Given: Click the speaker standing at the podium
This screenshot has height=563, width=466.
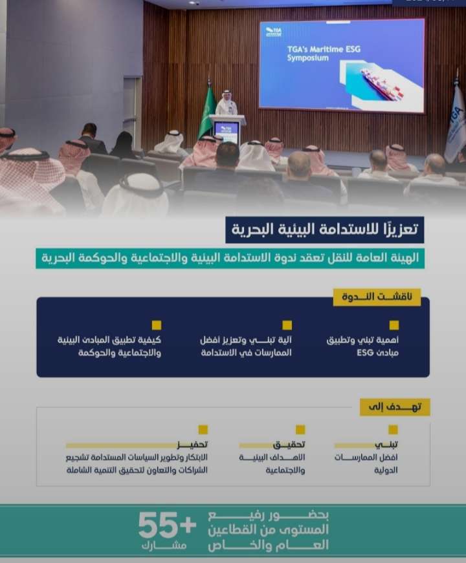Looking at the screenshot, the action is point(226,103).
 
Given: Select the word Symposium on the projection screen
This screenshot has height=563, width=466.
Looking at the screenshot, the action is point(308,58).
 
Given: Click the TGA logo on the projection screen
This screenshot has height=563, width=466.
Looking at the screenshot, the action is point(274,32).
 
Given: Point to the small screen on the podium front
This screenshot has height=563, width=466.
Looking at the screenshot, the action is point(227,132).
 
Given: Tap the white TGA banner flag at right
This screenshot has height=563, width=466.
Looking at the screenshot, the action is point(456,122).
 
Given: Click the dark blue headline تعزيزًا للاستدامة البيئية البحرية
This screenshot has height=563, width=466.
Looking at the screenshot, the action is point(325,230).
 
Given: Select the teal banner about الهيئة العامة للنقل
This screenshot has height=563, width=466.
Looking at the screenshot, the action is point(230,258).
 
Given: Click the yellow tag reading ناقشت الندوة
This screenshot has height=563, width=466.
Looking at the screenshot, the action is point(377,297).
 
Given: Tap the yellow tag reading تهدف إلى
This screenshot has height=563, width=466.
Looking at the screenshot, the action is point(395,407).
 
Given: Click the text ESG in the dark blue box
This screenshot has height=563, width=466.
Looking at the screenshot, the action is point(365,353).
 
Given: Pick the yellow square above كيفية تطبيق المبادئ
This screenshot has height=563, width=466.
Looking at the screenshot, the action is point(157,325).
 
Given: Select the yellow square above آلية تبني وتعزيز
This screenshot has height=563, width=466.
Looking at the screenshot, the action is point(287,325).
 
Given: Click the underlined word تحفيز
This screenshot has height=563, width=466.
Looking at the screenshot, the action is point(192,445).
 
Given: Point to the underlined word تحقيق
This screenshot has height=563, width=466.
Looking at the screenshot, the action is point(289,445).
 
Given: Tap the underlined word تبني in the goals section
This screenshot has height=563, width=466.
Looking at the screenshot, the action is point(386,445).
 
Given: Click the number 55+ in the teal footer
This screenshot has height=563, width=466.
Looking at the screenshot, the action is point(167,526).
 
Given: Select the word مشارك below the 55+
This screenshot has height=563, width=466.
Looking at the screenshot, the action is point(164,546).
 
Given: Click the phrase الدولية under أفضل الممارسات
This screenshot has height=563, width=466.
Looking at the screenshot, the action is point(386,470).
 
